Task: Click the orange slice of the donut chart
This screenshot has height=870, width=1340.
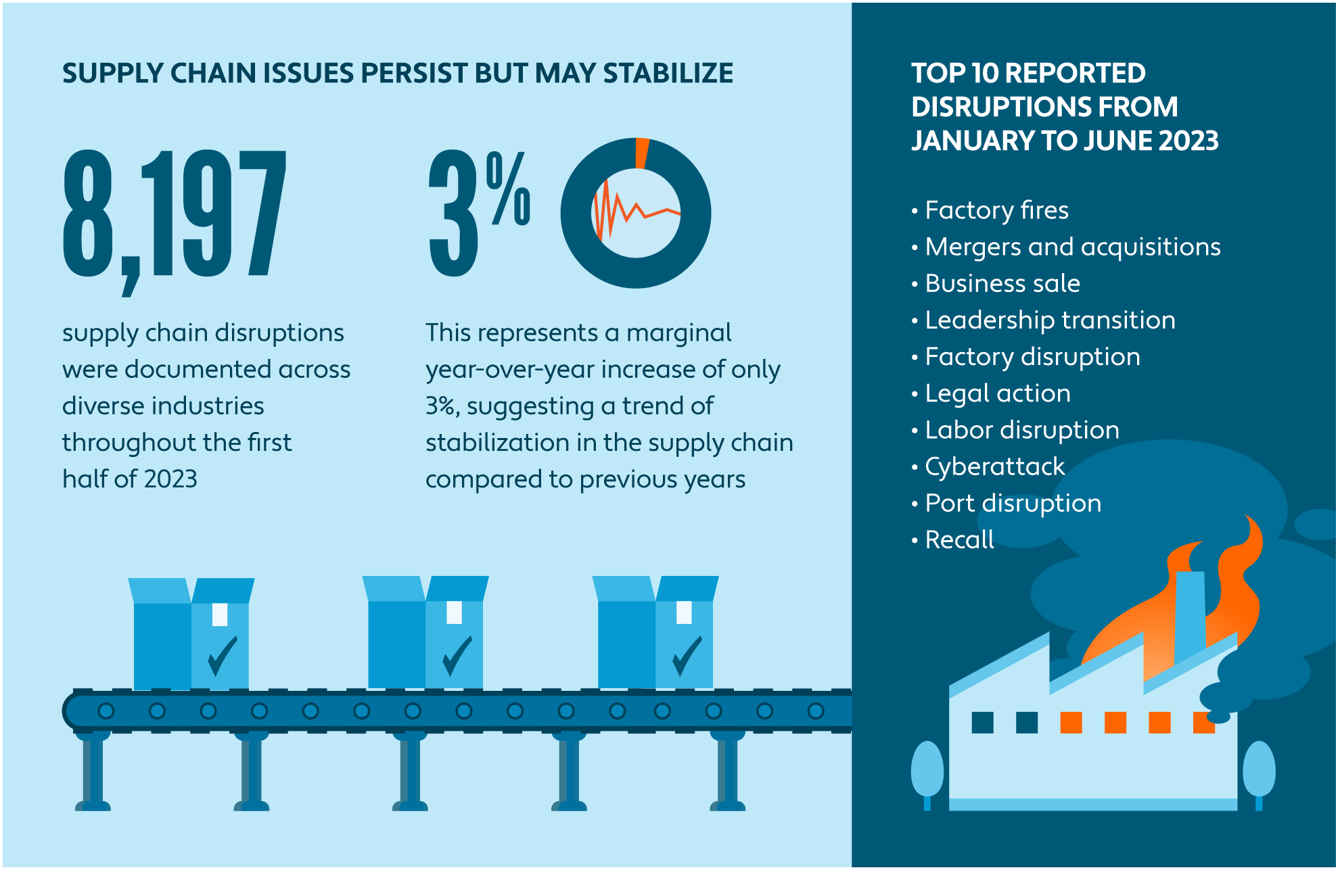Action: pos(641,153)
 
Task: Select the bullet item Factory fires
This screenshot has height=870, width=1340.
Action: pos(996,210)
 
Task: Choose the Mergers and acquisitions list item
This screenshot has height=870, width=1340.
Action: pos(1072,247)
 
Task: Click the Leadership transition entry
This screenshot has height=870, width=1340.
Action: pos(1050,320)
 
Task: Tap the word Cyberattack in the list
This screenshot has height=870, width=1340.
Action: pos(994,466)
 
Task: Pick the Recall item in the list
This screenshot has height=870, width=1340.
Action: pos(959,539)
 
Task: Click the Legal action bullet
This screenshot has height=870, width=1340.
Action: pos(998,393)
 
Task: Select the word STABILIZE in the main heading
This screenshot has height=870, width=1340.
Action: pos(668,73)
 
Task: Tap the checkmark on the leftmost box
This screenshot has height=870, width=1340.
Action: pos(222,656)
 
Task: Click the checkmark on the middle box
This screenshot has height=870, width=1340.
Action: pos(457,656)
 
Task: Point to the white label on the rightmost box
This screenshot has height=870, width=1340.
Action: pos(684,612)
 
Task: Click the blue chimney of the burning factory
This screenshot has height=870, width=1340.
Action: pos(1190,615)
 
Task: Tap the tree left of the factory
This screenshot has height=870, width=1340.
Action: pos(927,771)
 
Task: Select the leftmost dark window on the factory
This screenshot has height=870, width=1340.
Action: pos(982,722)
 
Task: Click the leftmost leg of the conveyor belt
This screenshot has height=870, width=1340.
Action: pos(93,771)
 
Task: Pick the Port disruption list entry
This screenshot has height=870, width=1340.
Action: pos(1013,503)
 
